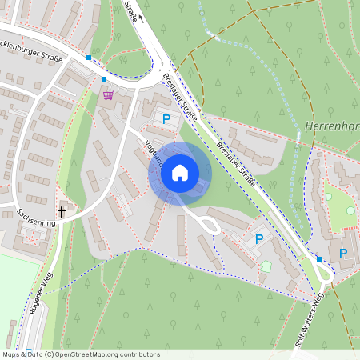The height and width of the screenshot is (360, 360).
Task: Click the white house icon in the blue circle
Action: [180, 172]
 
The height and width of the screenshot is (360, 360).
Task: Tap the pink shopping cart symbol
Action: [108, 94]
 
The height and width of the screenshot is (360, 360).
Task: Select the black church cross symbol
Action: [61, 212]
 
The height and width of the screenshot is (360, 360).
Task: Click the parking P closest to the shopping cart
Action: [166, 119]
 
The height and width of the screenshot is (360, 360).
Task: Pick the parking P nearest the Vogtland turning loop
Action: [258, 238]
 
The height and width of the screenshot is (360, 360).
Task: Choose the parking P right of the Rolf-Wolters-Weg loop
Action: [343, 254]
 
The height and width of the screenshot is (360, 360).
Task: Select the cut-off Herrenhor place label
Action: [331, 126]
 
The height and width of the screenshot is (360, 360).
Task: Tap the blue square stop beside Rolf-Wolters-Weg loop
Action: [318, 259]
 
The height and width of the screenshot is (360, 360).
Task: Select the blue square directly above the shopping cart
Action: [104, 79]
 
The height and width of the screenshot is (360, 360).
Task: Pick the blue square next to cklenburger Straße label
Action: [88, 58]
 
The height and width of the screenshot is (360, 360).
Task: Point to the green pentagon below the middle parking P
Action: [266, 265]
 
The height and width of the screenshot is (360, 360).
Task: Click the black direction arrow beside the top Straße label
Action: [142, 19]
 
